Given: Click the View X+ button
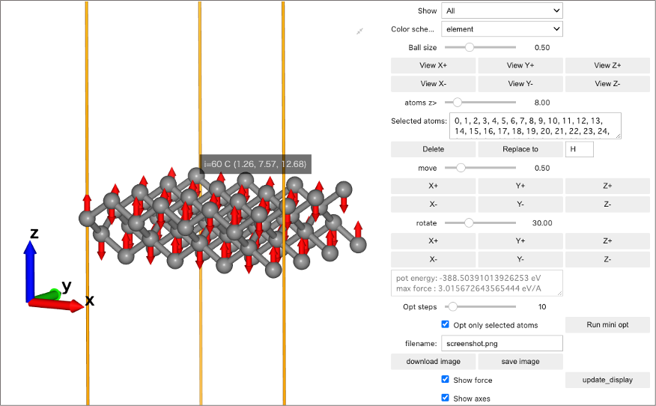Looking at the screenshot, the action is click(433, 65).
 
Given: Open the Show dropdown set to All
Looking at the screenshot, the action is click(502, 11).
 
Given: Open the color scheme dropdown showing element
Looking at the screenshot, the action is click(502, 29).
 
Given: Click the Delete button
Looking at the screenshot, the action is click(433, 149).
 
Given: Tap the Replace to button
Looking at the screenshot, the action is click(520, 149).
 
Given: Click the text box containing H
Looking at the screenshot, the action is click(579, 149).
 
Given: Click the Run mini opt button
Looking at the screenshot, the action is click(607, 324).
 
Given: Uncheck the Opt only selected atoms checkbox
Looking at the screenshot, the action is click(445, 324).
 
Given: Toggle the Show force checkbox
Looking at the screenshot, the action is click(445, 379).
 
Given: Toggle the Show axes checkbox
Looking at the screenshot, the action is click(445, 398).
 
